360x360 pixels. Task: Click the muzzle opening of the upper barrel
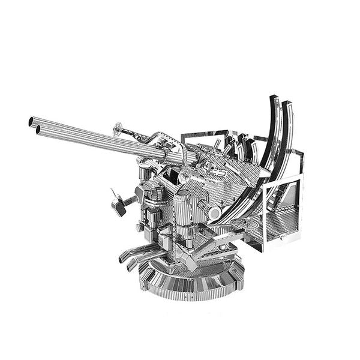point(31,122)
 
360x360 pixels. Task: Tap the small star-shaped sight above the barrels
point(118,127)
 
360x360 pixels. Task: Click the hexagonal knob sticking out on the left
point(119,205)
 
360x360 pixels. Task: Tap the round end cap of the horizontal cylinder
point(214,211)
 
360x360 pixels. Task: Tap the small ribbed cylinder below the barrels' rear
point(146,175)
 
